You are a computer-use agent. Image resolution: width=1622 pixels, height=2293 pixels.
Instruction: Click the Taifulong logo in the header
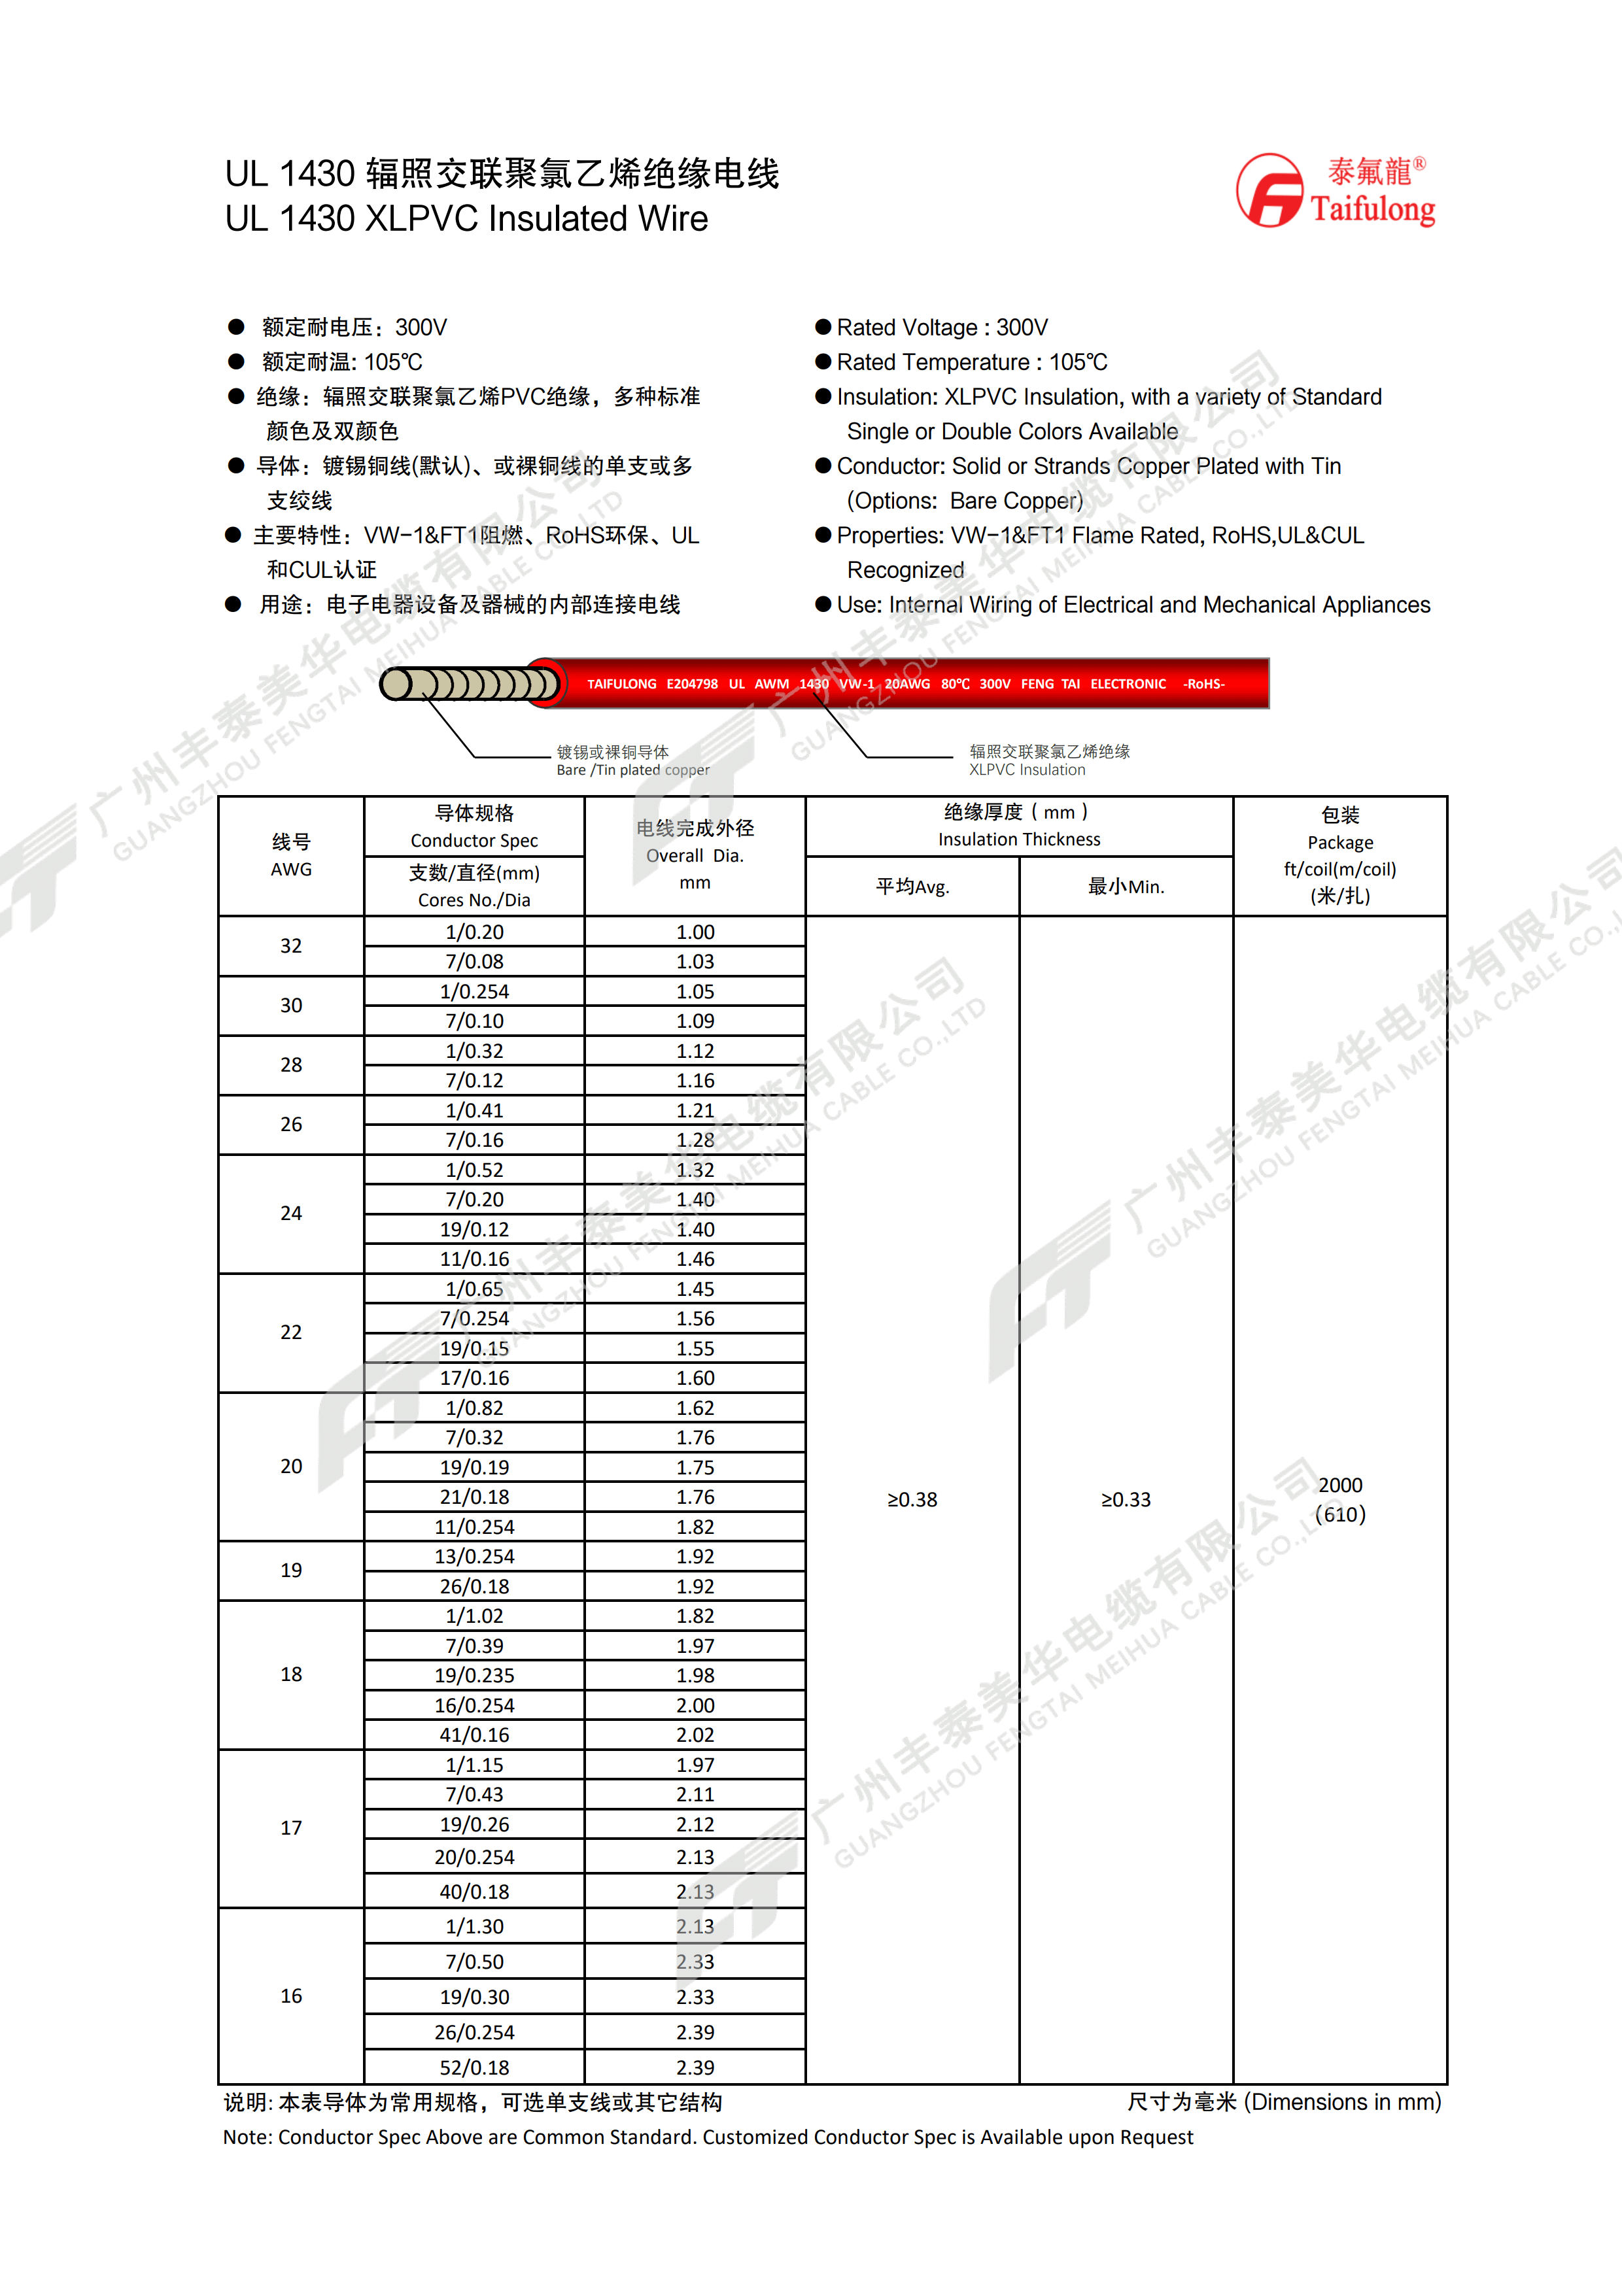1336,191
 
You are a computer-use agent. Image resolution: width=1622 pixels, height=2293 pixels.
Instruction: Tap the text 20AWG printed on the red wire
907,684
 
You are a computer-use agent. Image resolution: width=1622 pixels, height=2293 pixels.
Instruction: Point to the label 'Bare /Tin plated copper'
632,770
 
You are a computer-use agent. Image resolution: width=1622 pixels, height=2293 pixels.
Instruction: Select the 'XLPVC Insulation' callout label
1027,770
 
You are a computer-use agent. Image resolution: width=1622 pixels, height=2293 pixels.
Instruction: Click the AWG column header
290,856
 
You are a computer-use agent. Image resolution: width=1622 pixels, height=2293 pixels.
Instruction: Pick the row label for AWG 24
290,1214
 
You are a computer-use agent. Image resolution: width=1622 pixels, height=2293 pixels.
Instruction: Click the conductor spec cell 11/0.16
474,1259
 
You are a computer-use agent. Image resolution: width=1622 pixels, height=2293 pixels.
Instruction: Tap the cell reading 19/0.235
474,1676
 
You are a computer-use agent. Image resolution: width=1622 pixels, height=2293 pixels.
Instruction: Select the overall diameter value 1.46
695,1259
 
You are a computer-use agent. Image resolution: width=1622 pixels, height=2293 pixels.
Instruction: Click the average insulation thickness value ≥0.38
912,1500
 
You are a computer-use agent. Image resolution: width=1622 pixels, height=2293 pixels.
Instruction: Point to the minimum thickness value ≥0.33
1126,1500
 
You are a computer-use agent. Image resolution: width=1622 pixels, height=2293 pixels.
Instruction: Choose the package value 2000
1340,1485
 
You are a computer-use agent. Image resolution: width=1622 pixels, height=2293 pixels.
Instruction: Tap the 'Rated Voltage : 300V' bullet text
942,328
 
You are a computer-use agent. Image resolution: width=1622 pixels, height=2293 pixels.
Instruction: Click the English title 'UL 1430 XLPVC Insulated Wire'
466,219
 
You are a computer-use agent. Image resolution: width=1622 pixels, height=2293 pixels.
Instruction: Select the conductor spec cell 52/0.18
474,2067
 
